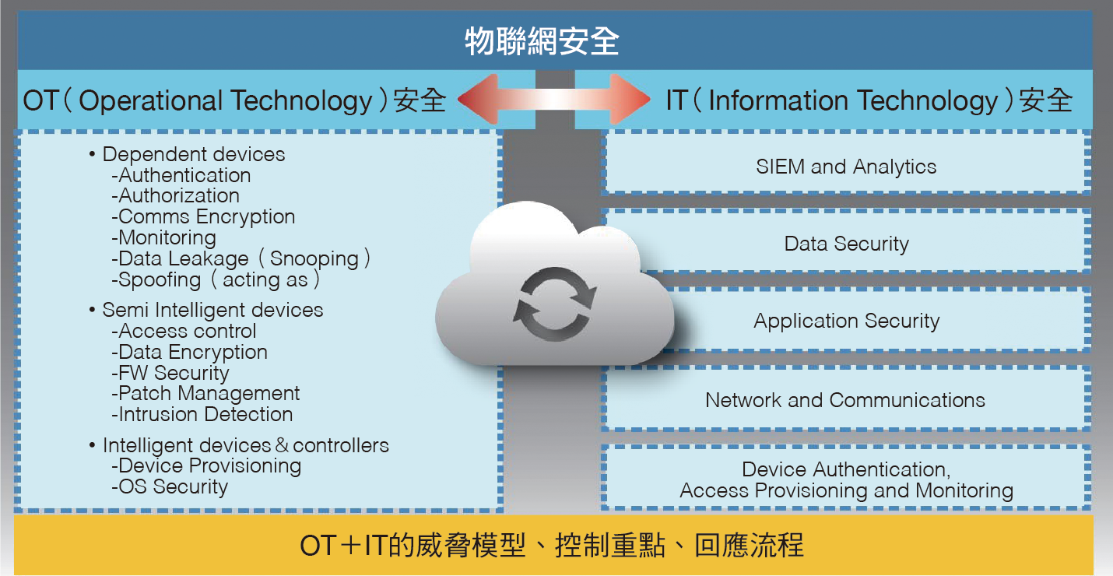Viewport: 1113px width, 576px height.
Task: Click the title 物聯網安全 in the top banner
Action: coord(542,41)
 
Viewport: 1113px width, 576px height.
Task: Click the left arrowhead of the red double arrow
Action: coord(478,99)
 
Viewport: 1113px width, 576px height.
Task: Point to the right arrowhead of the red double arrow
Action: coord(630,99)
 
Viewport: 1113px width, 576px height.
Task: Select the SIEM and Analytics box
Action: coord(846,163)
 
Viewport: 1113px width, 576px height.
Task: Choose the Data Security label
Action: coord(846,244)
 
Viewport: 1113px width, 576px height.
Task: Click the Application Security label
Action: coord(846,321)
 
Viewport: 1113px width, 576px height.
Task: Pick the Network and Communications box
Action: coord(846,399)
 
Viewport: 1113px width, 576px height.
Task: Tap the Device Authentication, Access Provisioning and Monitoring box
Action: coord(846,478)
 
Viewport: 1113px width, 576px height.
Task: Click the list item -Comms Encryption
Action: coord(203,216)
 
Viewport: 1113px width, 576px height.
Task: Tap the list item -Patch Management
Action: coord(205,393)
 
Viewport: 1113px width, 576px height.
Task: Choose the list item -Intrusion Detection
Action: coord(202,414)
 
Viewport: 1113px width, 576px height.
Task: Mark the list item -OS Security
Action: coord(170,486)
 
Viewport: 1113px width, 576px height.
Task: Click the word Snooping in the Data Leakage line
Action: coord(314,259)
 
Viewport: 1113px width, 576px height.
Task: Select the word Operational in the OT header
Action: coord(150,101)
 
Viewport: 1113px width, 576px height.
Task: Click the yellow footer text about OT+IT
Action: coord(552,545)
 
